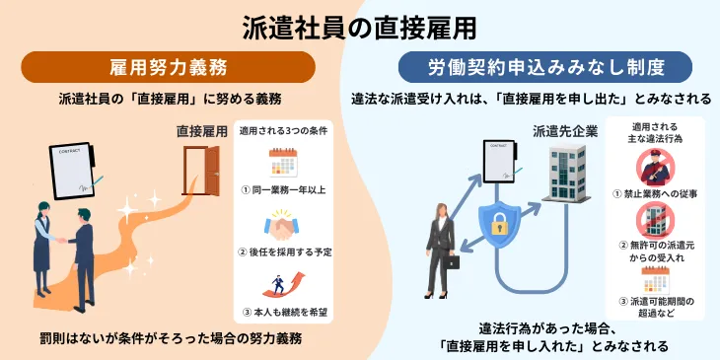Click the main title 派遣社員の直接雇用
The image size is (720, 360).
(x=359, y=28)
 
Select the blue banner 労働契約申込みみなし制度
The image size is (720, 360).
(x=544, y=67)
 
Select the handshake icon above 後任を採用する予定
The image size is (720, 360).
(x=283, y=226)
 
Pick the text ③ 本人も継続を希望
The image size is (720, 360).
(x=283, y=314)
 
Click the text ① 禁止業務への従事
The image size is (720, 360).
(x=656, y=194)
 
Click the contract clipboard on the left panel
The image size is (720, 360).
(x=74, y=170)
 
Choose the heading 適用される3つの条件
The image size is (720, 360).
(x=283, y=130)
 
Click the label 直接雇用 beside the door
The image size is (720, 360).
(x=202, y=130)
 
